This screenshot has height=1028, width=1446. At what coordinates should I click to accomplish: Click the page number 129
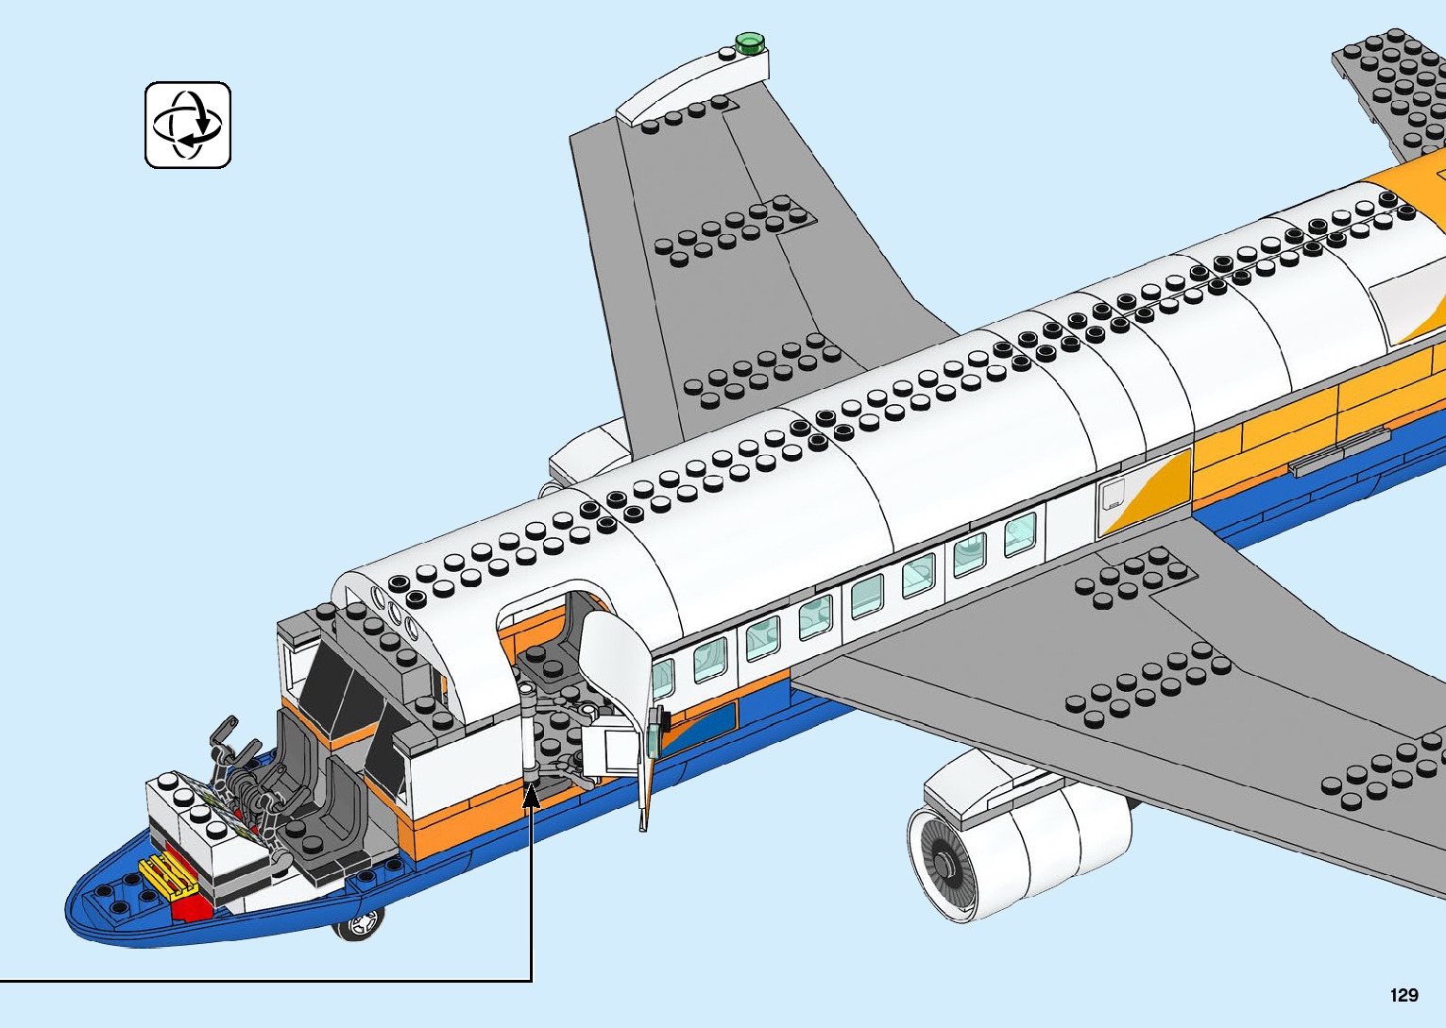click(1403, 995)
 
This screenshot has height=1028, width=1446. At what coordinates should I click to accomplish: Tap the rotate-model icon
click(188, 125)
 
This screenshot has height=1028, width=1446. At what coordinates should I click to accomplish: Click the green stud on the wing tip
click(749, 41)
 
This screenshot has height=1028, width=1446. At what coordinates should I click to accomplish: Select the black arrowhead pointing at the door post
click(532, 795)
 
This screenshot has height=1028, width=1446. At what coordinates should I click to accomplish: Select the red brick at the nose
click(194, 907)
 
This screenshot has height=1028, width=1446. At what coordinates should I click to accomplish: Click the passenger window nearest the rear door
click(1020, 533)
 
